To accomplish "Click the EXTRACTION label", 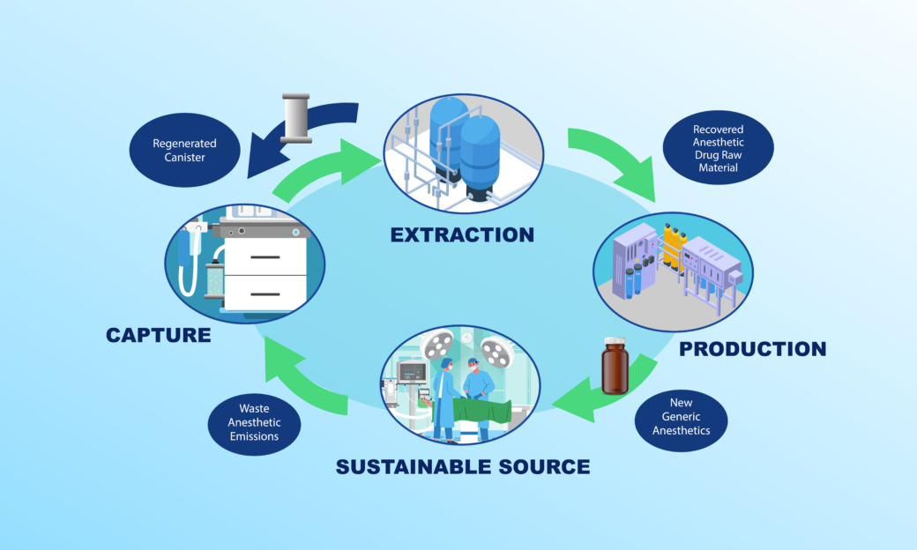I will tap(462, 234).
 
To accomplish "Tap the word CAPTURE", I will tap(158, 335).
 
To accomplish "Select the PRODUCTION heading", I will tap(752, 348).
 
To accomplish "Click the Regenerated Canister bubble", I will tap(184, 151).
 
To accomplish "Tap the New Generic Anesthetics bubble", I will tap(681, 417).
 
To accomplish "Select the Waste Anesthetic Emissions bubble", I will tap(254, 422).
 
